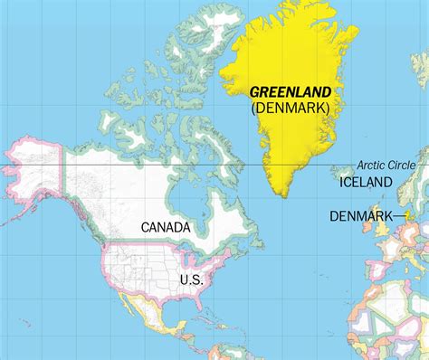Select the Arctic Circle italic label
386,166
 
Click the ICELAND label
366,183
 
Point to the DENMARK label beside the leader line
361,216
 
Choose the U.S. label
191,255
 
